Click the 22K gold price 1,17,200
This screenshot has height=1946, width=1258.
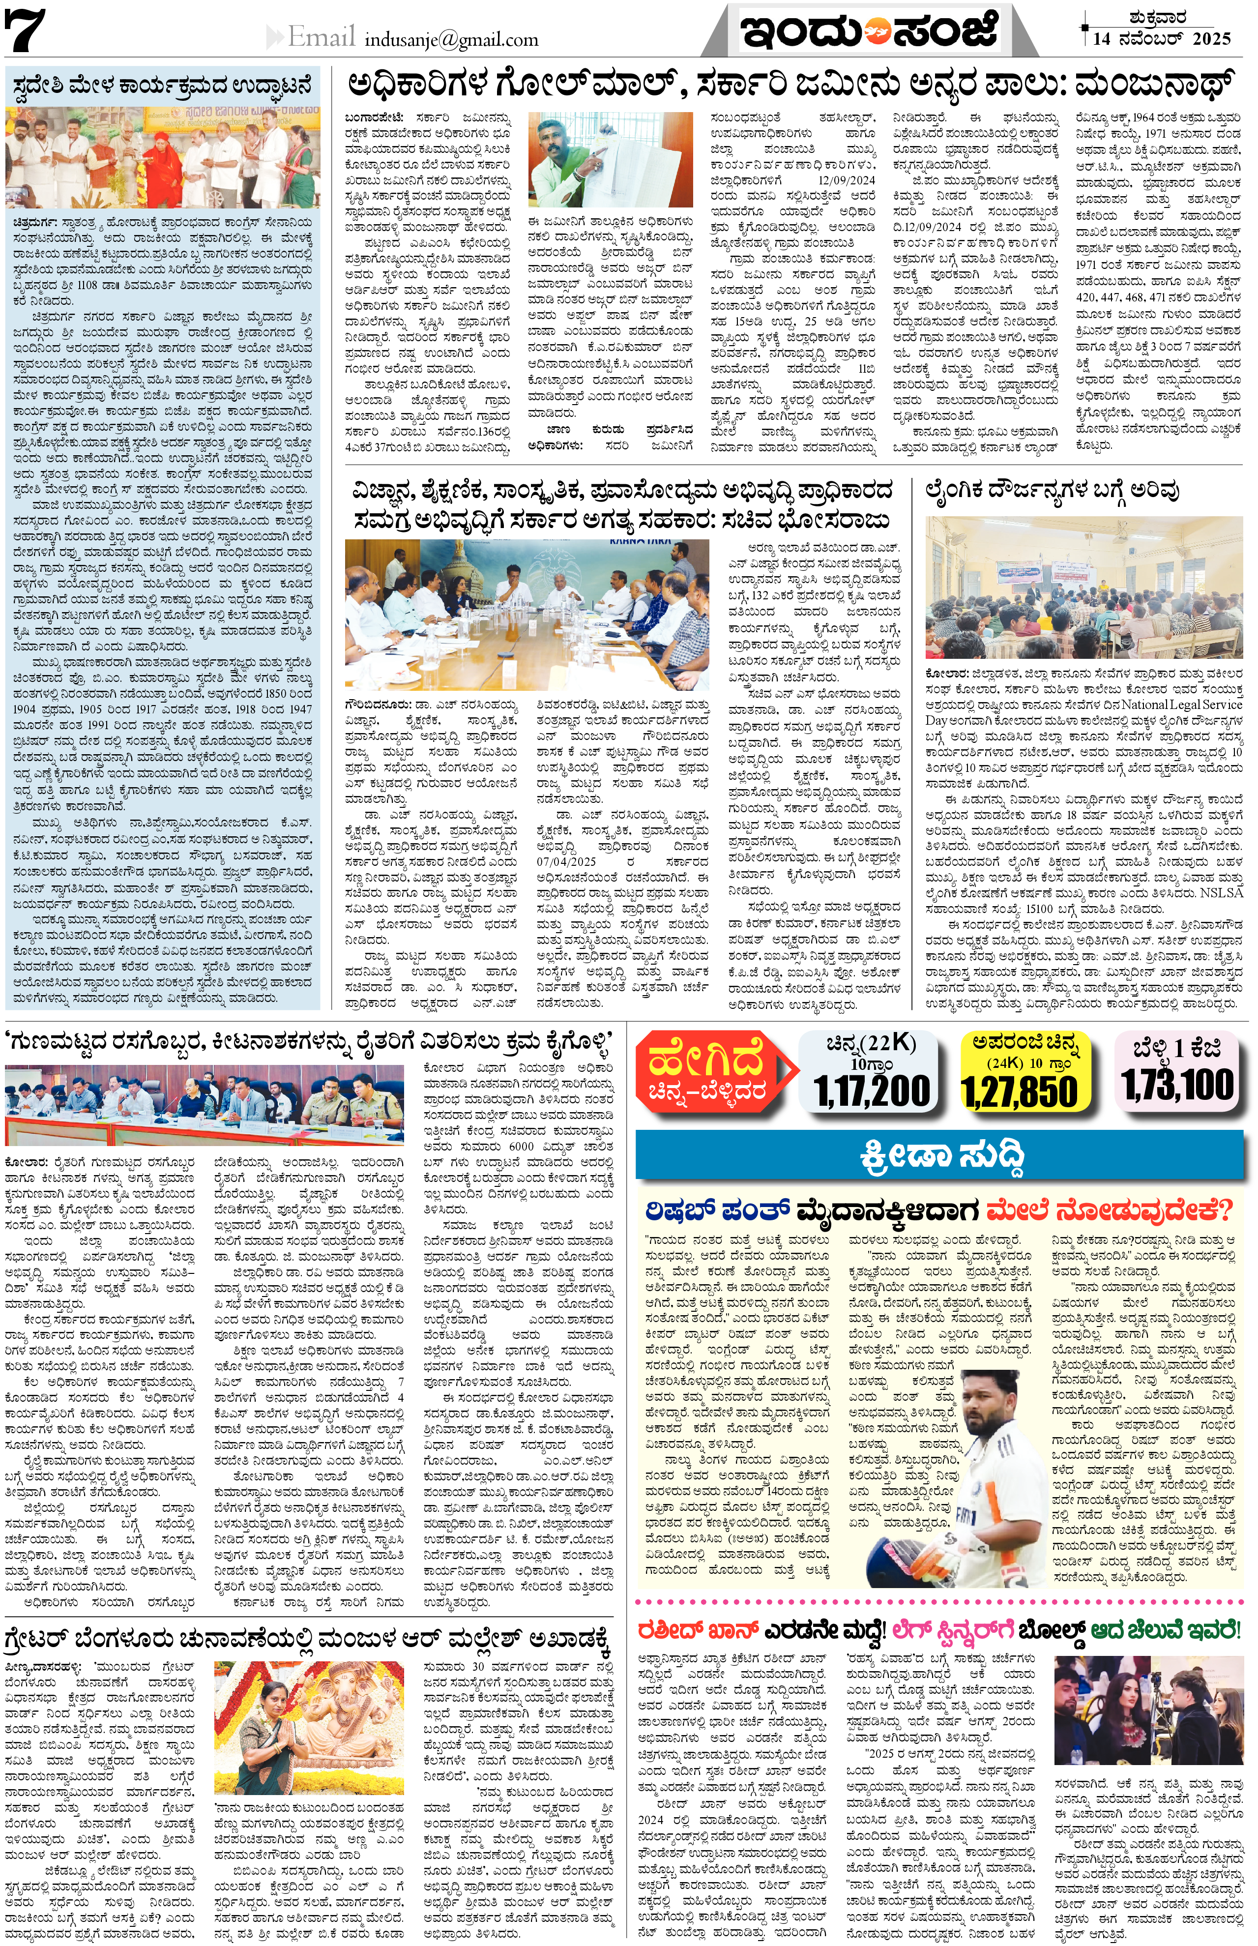click(872, 1090)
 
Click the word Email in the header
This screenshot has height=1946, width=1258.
click(321, 37)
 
